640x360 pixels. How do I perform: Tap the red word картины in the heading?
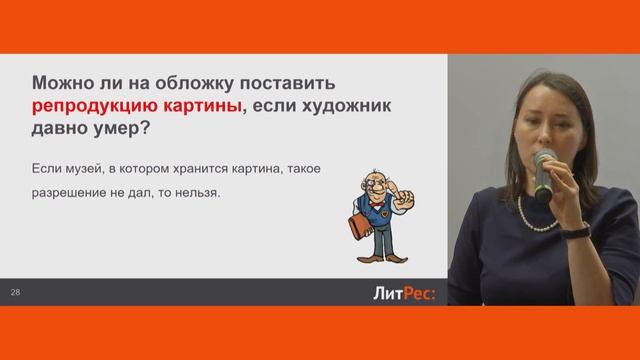point(198,105)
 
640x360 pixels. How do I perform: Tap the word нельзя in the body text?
point(194,194)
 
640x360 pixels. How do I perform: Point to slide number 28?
point(15,293)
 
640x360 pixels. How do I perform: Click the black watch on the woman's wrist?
point(577,230)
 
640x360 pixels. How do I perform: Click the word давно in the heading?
point(61,130)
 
